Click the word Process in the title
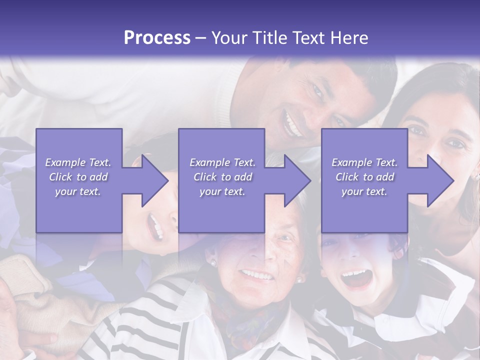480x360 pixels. (x=157, y=38)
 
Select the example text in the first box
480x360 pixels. (x=78, y=177)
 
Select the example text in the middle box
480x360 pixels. (x=222, y=177)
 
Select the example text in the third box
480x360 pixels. (x=364, y=177)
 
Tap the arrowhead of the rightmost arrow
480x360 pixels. (x=440, y=180)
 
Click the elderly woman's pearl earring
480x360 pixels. (x=212, y=262)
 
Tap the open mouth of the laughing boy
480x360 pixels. (x=356, y=278)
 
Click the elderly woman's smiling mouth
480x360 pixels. (x=257, y=275)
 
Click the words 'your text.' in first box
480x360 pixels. (x=78, y=191)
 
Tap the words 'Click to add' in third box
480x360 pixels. (x=364, y=177)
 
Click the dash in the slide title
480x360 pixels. (x=200, y=38)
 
